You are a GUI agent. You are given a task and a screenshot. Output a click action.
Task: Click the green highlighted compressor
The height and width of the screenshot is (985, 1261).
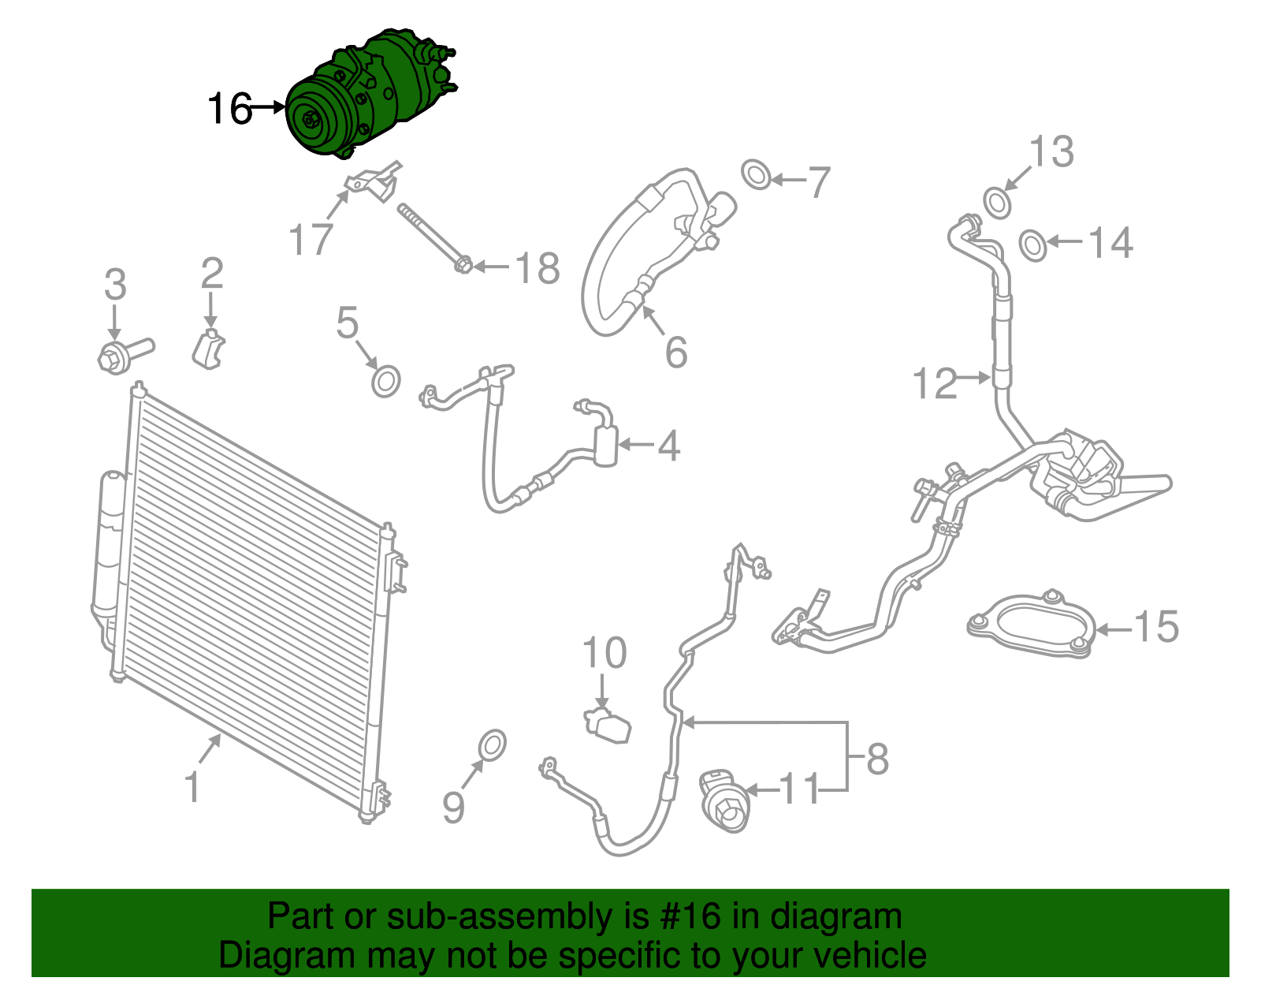pyautogui.click(x=363, y=95)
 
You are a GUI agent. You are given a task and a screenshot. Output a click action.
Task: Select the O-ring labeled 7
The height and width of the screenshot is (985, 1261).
pyautogui.click(x=757, y=174)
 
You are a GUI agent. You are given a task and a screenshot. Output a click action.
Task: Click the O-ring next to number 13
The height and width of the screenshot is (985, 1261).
pyautogui.click(x=998, y=203)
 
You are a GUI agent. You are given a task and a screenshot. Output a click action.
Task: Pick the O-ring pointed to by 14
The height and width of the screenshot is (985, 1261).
pyautogui.click(x=1033, y=245)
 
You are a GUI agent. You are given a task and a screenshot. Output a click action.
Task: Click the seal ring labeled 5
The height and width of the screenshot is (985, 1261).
pyautogui.click(x=385, y=382)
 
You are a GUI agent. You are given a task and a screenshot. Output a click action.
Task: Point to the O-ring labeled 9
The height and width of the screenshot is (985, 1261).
pyautogui.click(x=492, y=745)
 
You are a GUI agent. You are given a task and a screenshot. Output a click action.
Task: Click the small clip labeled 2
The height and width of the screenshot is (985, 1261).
pyautogui.click(x=209, y=349)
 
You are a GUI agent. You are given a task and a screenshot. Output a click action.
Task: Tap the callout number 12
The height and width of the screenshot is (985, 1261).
pyautogui.click(x=934, y=384)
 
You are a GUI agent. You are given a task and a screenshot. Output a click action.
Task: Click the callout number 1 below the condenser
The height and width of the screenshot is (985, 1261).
pyautogui.click(x=192, y=787)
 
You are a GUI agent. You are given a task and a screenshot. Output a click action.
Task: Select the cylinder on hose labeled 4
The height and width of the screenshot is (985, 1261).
pyautogui.click(x=605, y=445)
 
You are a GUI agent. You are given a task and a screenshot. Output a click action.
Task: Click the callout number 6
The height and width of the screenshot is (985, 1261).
pyautogui.click(x=675, y=352)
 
